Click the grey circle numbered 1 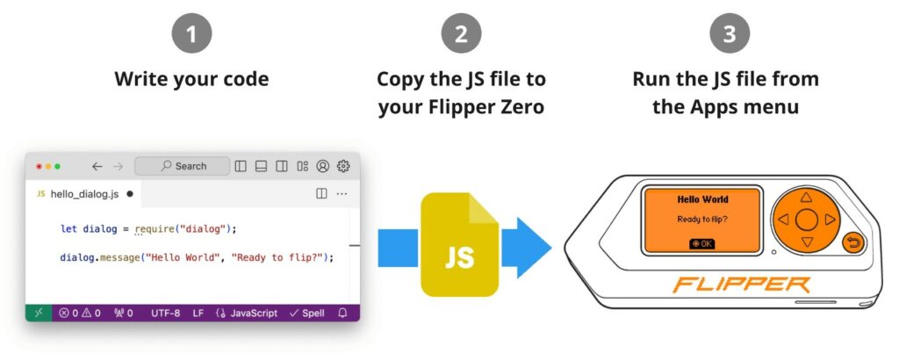coord(191,33)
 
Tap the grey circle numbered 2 coord(461,33)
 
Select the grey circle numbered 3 coord(730,33)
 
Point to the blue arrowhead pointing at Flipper coord(527,248)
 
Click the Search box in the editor coord(183,166)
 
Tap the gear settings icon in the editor coord(343,166)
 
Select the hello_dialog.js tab coord(84,194)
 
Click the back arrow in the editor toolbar coord(97,166)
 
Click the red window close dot coord(39,167)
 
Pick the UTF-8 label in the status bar coord(165,313)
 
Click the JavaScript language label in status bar coord(247,313)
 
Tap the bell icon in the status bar coord(343,313)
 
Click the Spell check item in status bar coord(306,313)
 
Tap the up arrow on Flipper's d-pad coord(806,198)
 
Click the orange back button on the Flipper coord(853,243)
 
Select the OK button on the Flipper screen coord(701,243)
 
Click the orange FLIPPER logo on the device coord(741,284)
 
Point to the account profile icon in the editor coord(323,166)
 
